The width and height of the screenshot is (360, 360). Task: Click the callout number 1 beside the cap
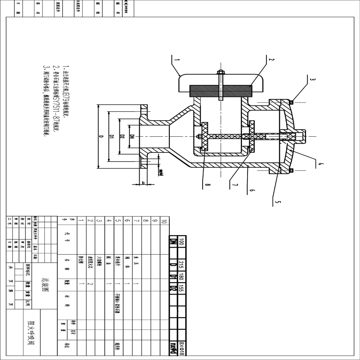[177, 60]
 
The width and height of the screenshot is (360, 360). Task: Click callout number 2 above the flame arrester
[271, 60]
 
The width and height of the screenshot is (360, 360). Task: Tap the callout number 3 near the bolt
[313, 80]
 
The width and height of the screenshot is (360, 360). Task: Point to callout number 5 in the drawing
[277, 202]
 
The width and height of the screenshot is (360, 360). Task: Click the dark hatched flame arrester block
[220, 90]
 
